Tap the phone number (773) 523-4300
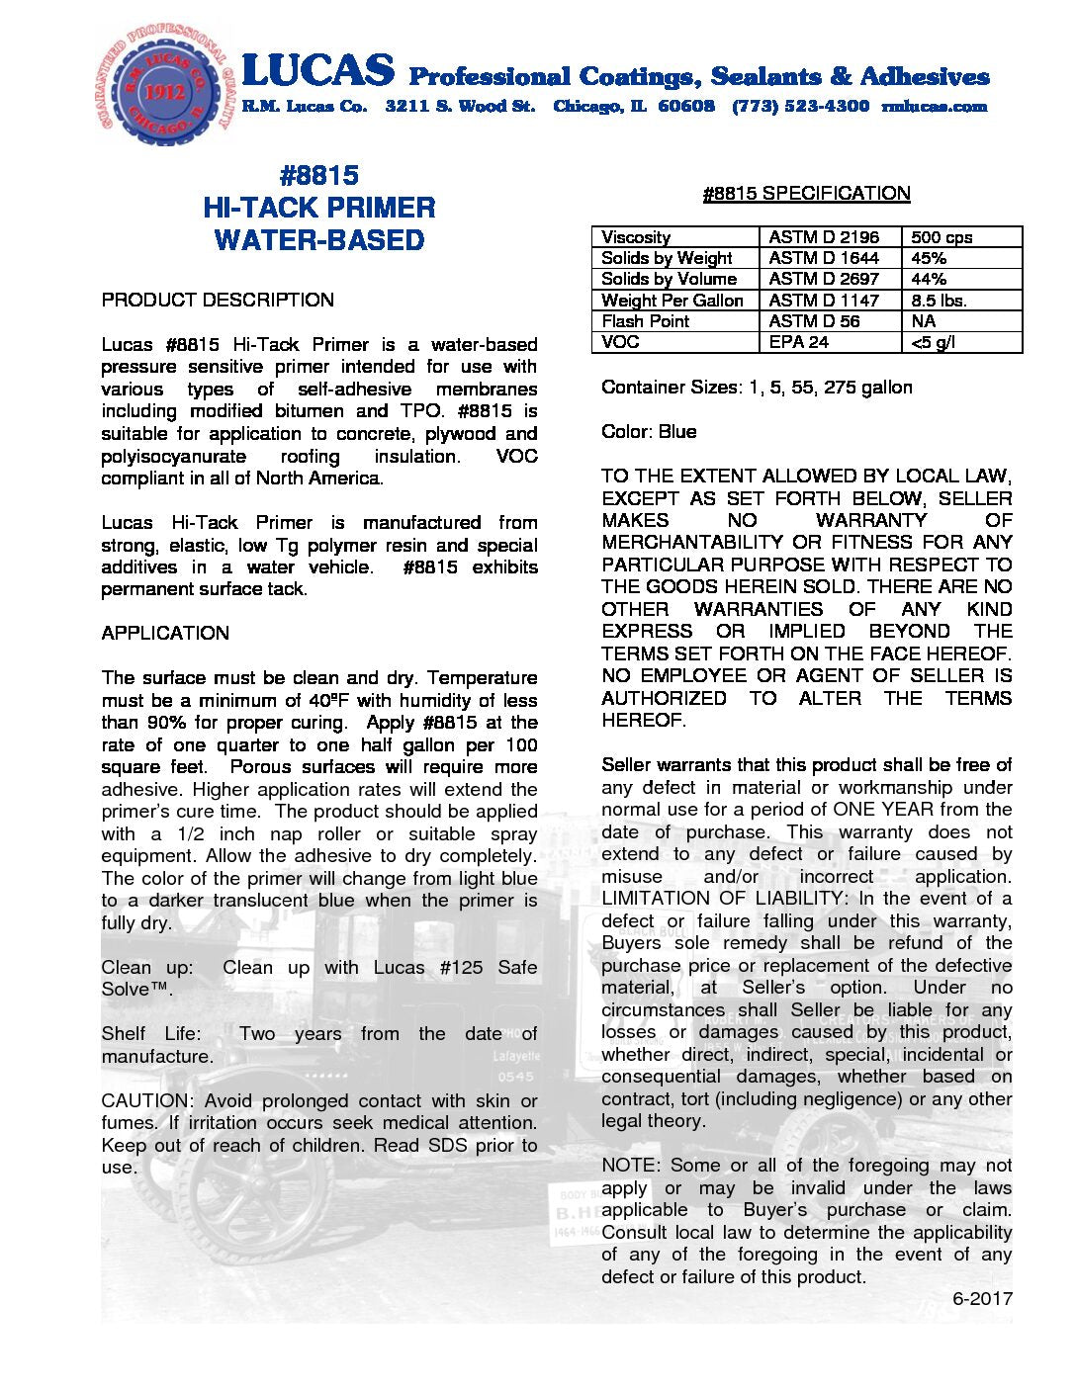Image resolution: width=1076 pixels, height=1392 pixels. (800, 106)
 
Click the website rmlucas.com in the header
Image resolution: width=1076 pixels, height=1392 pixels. (934, 106)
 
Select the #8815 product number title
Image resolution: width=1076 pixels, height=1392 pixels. (318, 176)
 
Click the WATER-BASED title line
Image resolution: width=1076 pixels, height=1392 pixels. (318, 240)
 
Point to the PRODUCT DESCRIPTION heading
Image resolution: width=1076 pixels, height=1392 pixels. (218, 300)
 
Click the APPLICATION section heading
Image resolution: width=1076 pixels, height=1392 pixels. (165, 633)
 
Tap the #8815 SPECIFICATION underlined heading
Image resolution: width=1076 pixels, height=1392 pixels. (806, 194)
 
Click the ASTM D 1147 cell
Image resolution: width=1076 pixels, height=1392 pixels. (823, 300)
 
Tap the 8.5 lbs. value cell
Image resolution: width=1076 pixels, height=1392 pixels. (939, 300)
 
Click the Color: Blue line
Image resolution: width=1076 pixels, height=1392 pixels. (649, 431)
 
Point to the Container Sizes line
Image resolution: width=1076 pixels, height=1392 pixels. (757, 387)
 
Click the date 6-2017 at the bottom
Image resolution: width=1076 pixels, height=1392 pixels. (982, 1298)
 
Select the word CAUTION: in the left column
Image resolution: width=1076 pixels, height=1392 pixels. (147, 1100)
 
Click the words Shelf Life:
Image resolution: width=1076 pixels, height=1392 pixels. (150, 1033)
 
